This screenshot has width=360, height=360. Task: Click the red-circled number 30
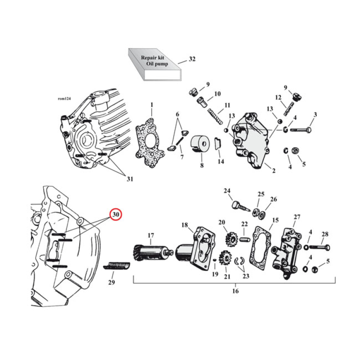pyautogui.click(x=116, y=215)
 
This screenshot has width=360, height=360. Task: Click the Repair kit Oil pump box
pyautogui.click(x=153, y=64)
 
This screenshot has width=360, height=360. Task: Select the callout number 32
pyautogui.click(x=193, y=59)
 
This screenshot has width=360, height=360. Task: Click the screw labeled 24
pyautogui.click(x=238, y=207)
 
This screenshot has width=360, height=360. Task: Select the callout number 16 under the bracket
pyautogui.click(x=235, y=291)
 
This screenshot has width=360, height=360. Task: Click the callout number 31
pyautogui.click(x=130, y=179)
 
